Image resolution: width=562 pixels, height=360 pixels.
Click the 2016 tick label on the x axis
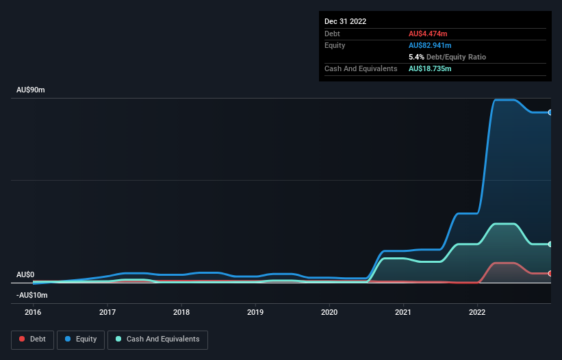tap(33, 311)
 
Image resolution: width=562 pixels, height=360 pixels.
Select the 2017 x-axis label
tap(107, 311)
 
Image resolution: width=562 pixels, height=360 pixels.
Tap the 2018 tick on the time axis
tap(181, 311)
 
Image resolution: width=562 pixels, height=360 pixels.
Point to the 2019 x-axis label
tap(255, 311)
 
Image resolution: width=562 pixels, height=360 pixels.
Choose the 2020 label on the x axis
tap(329, 311)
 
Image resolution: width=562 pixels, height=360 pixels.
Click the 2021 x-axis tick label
tap(403, 311)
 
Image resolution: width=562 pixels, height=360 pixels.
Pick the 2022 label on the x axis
tap(477, 311)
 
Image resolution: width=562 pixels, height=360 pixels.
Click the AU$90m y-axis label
tap(31, 90)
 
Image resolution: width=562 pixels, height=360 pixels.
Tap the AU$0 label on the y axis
tap(26, 274)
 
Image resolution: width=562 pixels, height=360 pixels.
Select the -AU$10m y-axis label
tap(32, 295)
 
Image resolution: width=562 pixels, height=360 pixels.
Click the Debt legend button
tap(31, 339)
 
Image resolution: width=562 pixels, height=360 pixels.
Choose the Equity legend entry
tap(81, 339)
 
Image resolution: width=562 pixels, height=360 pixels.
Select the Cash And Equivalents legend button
tap(157, 339)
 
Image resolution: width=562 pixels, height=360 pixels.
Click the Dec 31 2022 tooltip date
tap(346, 21)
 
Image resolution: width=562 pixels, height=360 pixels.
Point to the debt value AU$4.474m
tap(429, 34)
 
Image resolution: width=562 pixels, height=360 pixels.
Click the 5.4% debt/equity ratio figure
tap(416, 57)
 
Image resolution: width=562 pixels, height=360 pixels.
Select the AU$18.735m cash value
tap(431, 68)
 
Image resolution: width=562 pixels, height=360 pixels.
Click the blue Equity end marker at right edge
tap(550, 112)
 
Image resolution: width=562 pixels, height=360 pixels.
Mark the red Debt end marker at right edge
tap(550, 273)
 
